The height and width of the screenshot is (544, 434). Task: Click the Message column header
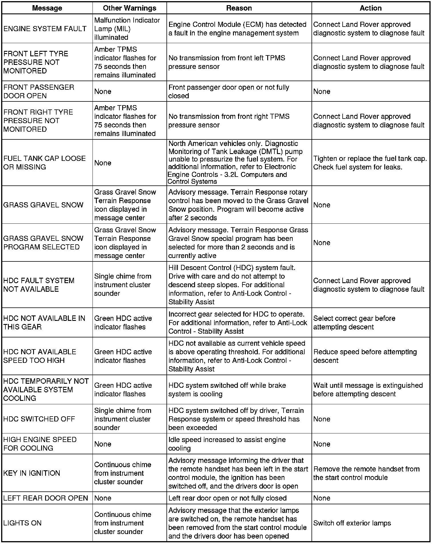(x=47, y=8)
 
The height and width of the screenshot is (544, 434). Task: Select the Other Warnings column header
(x=129, y=8)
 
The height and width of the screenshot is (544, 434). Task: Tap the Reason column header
(x=239, y=8)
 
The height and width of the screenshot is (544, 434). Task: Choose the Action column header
(x=371, y=8)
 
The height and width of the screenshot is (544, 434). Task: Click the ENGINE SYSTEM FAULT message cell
(x=45, y=29)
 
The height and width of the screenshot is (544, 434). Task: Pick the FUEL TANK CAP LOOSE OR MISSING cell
(x=45, y=163)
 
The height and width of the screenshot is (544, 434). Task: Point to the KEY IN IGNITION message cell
(x=32, y=473)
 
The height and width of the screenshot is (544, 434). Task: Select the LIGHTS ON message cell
(x=22, y=523)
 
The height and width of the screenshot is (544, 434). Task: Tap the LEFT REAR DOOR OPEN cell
(x=46, y=498)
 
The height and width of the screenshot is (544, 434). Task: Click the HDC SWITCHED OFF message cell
(x=39, y=419)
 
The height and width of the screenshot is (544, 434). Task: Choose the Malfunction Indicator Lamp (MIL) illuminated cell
(x=127, y=29)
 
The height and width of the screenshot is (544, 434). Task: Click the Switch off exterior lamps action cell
(x=352, y=523)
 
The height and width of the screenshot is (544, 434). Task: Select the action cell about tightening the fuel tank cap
(x=370, y=163)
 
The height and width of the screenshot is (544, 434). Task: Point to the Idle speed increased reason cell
(x=227, y=444)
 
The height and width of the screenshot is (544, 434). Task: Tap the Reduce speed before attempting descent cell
(x=365, y=356)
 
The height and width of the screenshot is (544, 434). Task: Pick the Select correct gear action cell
(x=354, y=323)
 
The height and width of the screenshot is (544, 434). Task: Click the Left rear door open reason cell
(x=227, y=498)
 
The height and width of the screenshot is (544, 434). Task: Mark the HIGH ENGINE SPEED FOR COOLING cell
(x=40, y=444)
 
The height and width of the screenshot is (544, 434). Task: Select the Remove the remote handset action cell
(x=366, y=473)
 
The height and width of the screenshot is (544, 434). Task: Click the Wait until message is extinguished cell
(x=368, y=389)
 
